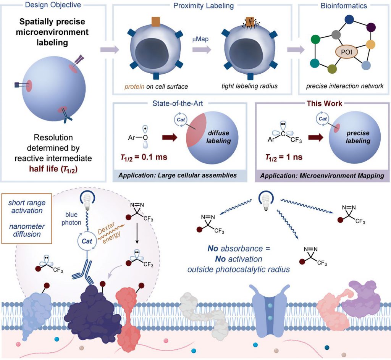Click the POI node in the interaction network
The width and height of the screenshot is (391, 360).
click(x=346, y=52)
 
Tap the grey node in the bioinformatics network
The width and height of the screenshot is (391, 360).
click(x=336, y=35)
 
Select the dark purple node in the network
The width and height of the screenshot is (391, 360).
click(x=371, y=27)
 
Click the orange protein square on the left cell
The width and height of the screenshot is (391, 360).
click(x=156, y=22)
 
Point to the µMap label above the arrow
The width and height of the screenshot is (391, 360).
click(x=200, y=39)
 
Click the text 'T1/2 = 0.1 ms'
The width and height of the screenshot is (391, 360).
click(x=144, y=157)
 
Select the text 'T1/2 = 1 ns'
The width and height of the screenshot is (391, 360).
click(x=284, y=157)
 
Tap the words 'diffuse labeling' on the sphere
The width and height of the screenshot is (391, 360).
click(x=218, y=137)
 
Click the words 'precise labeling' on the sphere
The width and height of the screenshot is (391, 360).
click(x=358, y=137)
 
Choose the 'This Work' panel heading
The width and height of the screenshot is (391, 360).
click(x=325, y=103)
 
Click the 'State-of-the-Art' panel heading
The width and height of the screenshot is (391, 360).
click(x=178, y=103)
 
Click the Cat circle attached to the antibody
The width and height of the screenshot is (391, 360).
click(x=87, y=241)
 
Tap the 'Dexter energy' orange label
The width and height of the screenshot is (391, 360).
click(x=109, y=232)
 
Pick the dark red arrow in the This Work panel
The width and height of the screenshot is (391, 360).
click(x=316, y=137)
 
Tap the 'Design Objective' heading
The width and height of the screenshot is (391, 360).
click(x=53, y=5)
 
